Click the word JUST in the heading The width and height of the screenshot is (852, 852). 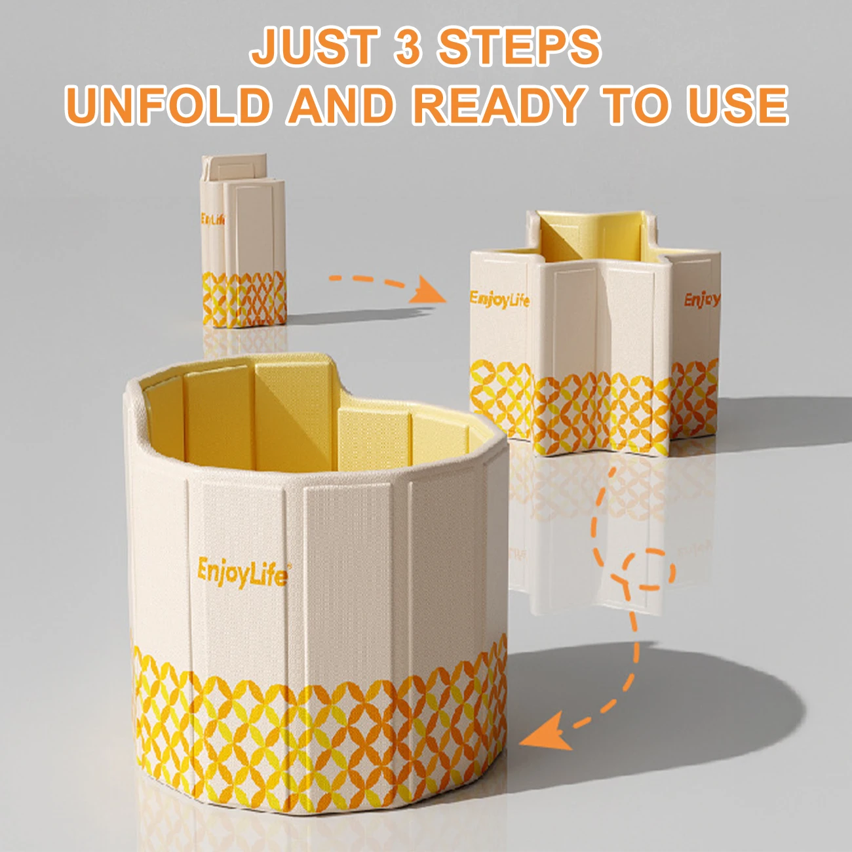point(315,45)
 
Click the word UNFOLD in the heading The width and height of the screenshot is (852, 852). point(168,105)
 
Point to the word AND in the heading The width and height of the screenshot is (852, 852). point(340,105)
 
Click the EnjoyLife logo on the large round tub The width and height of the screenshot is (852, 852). point(242,573)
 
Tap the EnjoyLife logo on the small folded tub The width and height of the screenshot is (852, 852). point(212,218)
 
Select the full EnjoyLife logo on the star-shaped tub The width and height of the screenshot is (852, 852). point(499,300)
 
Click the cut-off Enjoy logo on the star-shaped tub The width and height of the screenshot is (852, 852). point(702,300)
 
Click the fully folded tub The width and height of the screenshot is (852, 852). point(244,241)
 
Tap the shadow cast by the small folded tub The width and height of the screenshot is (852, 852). point(358,315)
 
